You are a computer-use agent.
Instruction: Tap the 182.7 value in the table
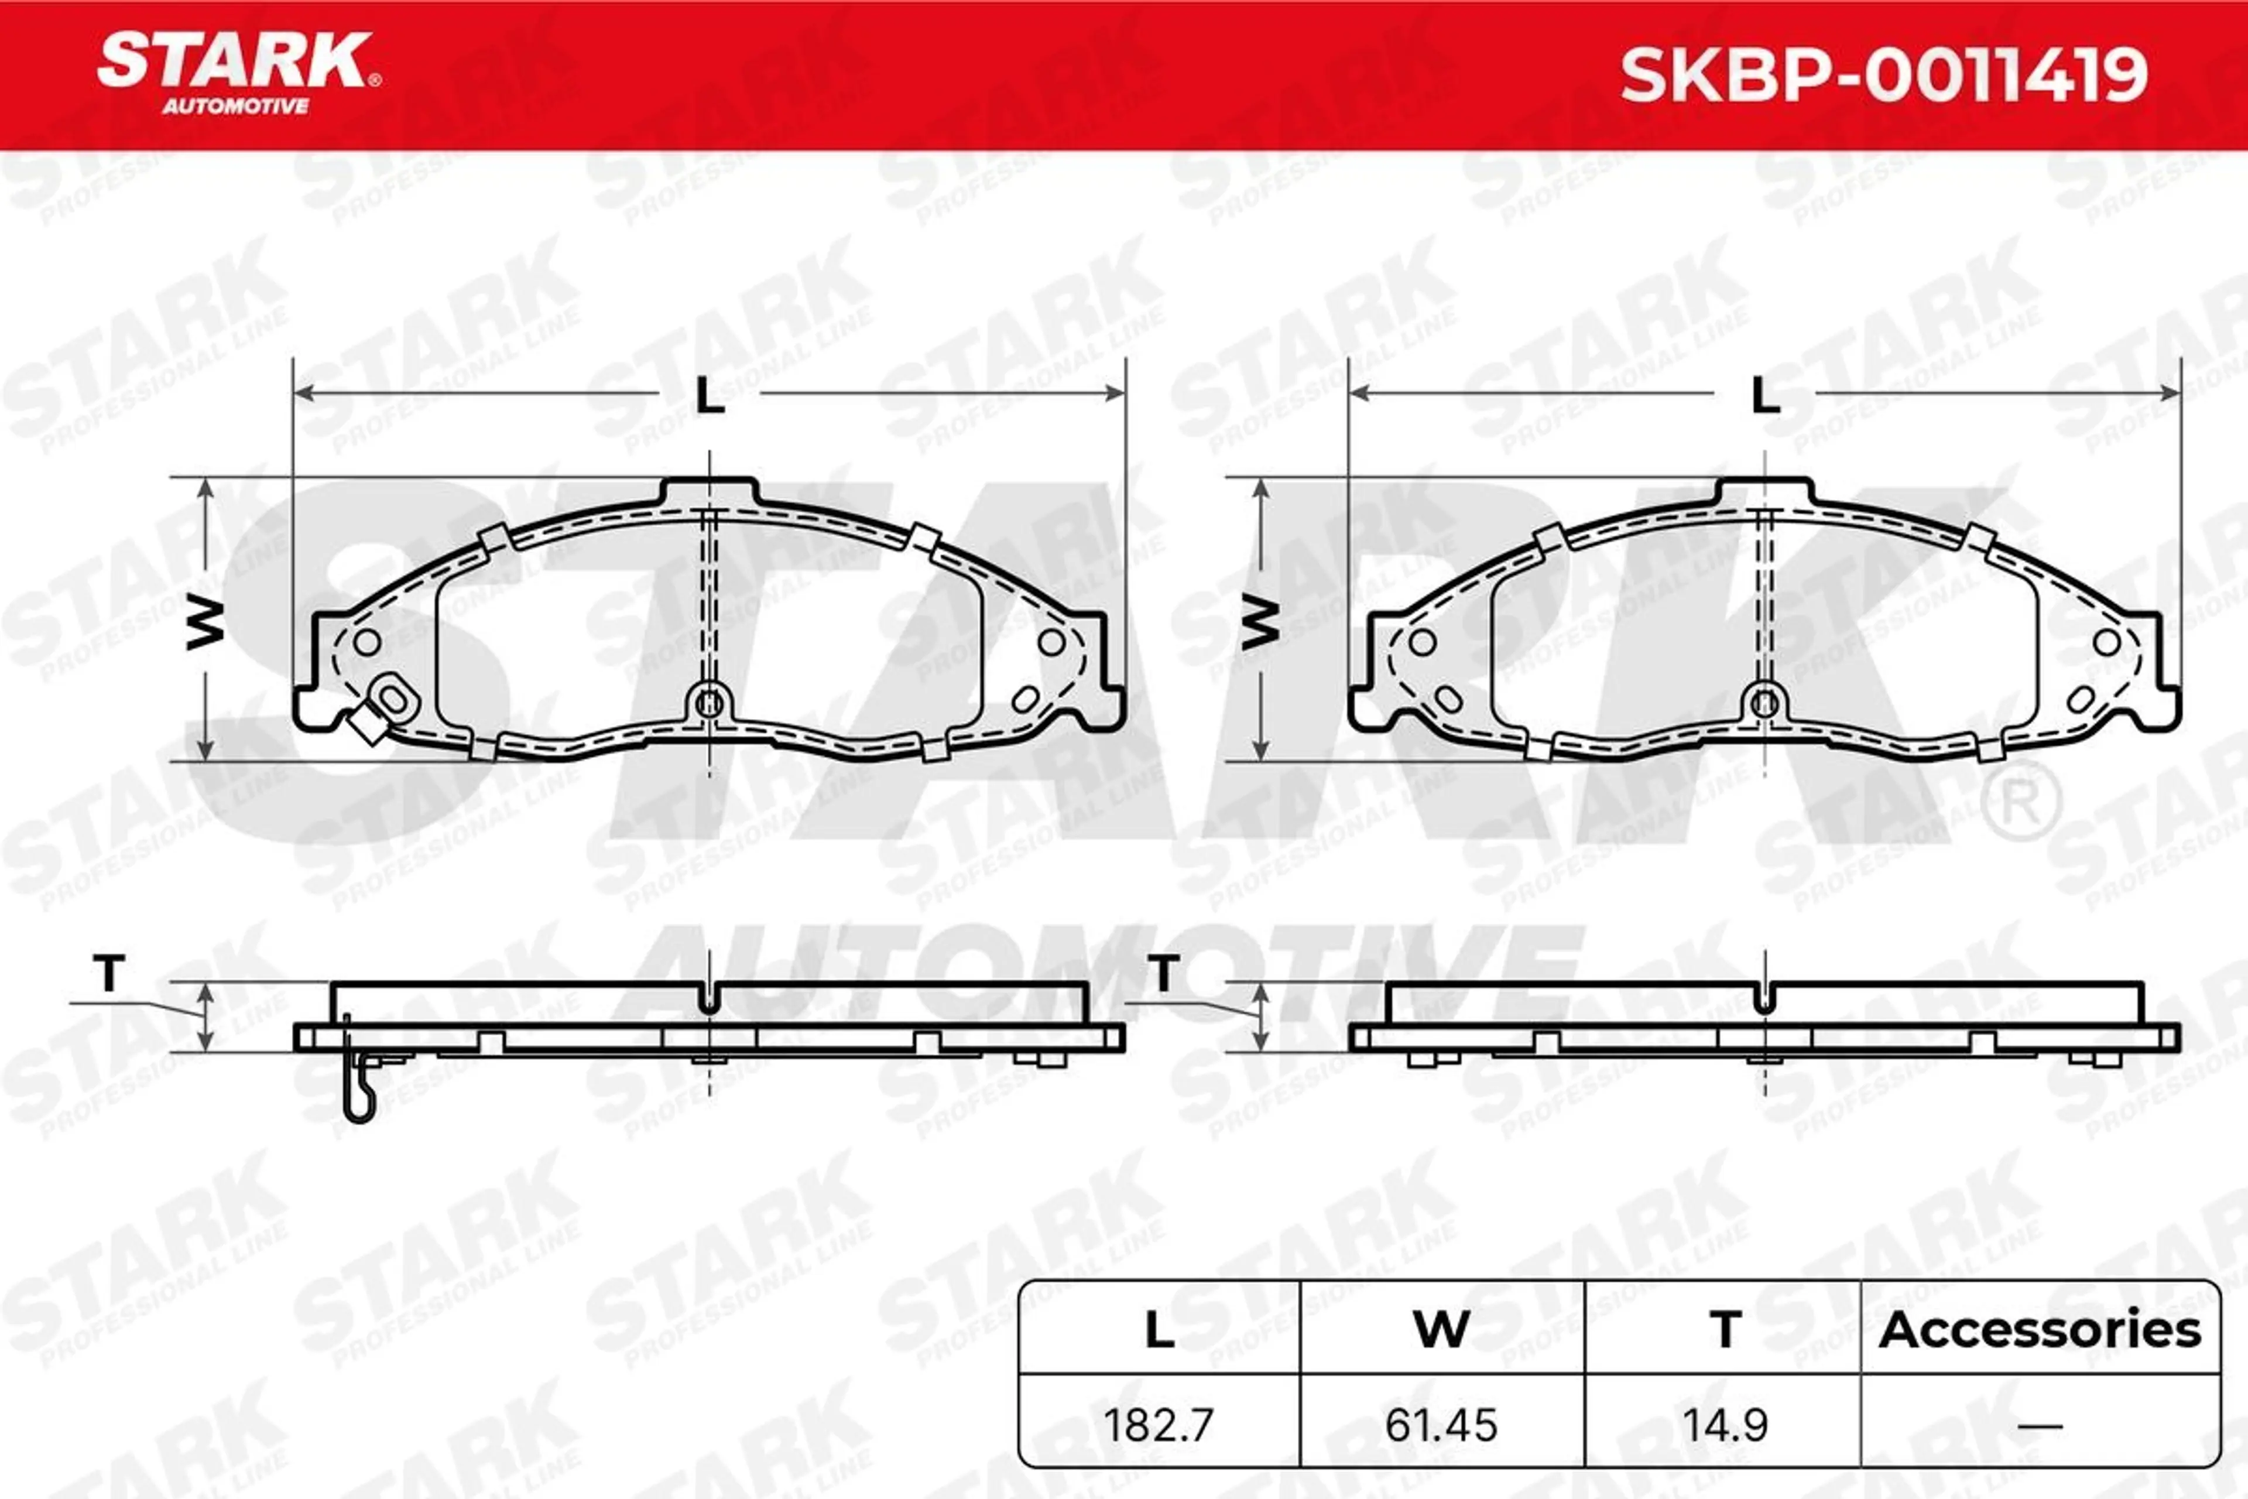coord(1159,1425)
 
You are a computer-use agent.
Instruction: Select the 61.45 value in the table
coord(1441,1425)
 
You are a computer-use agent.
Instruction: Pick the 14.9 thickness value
coord(1725,1425)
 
